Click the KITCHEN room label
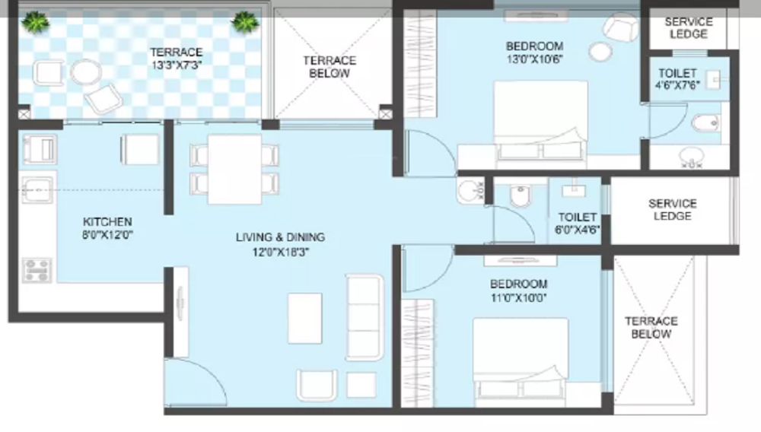pyautogui.click(x=107, y=222)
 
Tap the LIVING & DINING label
pyautogui.click(x=281, y=237)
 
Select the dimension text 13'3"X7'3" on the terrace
pyautogui.click(x=177, y=65)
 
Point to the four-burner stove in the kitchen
pyautogui.click(x=37, y=271)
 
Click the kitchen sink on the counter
pyautogui.click(x=37, y=189)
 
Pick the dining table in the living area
pyautogui.click(x=235, y=169)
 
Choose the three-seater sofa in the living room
pyautogui.click(x=365, y=318)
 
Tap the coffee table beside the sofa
pyautogui.click(x=305, y=319)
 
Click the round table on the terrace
pyautogui.click(x=86, y=72)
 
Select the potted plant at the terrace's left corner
pyautogui.click(x=36, y=22)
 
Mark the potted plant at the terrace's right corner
pyautogui.click(x=244, y=22)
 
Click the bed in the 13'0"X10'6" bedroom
pyautogui.click(x=540, y=119)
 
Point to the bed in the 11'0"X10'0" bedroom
pyautogui.click(x=521, y=359)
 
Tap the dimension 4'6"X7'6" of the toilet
pyautogui.click(x=677, y=85)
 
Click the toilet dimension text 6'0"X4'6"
pyautogui.click(x=577, y=229)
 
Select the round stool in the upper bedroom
pyautogui.click(x=600, y=52)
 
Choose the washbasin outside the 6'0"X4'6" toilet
pyautogui.click(x=470, y=191)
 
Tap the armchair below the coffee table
pyautogui.click(x=317, y=385)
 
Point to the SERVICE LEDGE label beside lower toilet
pyautogui.click(x=673, y=210)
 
